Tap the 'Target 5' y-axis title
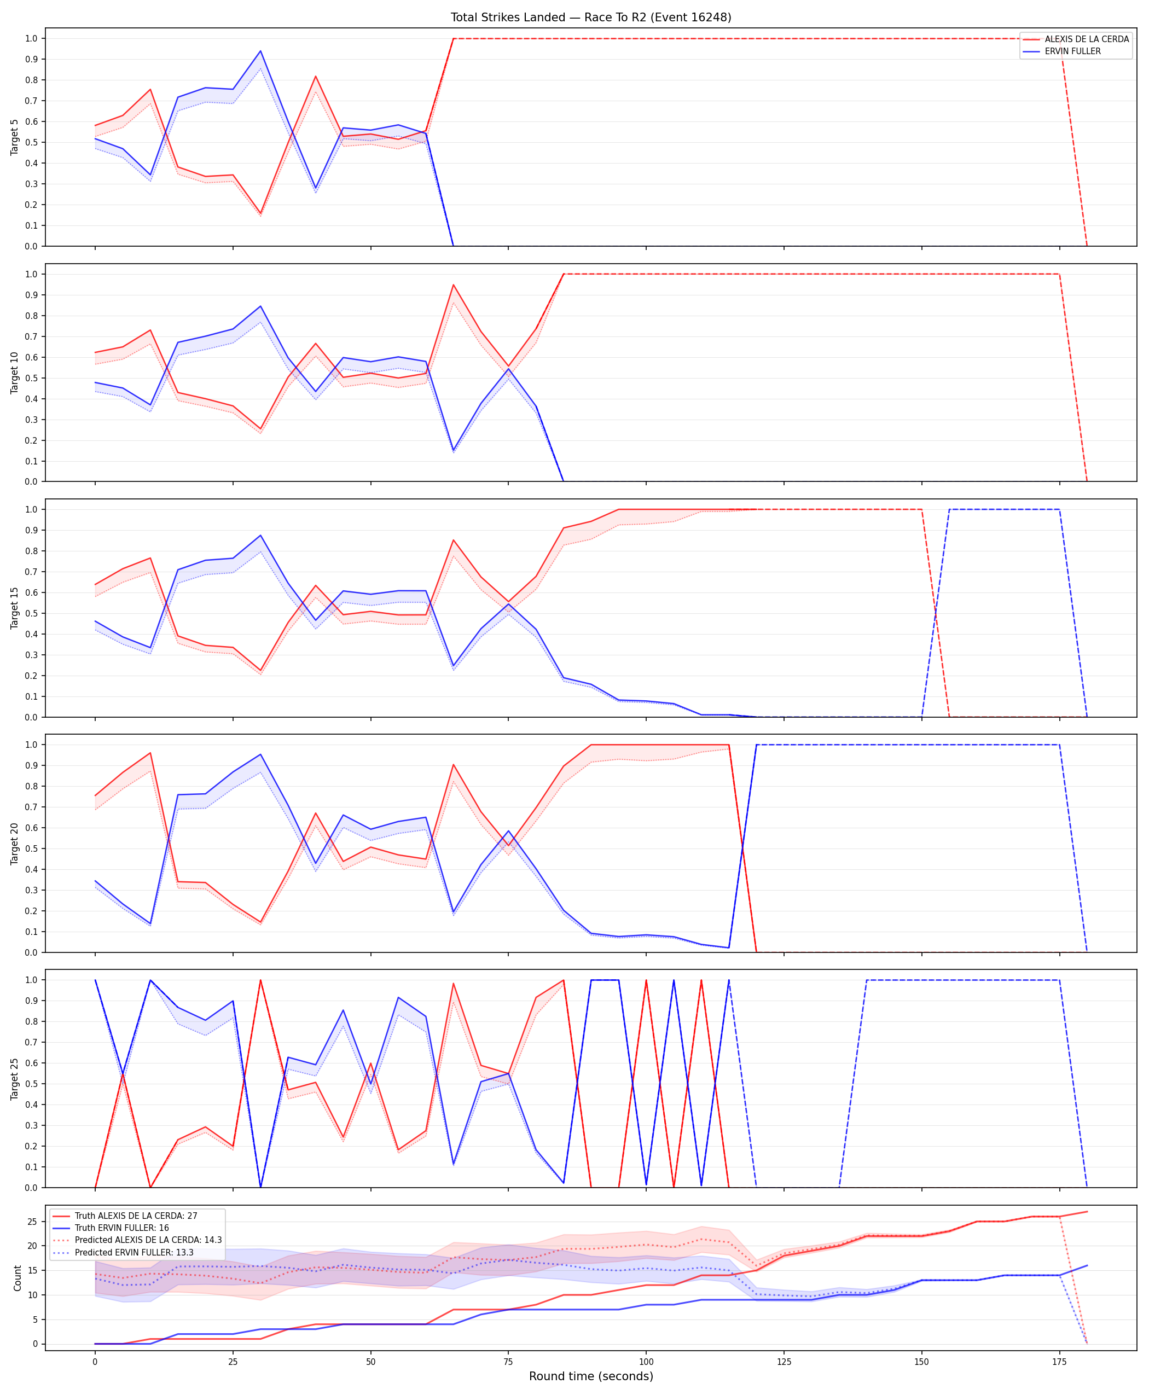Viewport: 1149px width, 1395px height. [15, 137]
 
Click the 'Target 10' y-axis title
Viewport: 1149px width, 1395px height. [15, 373]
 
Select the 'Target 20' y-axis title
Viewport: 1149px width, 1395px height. [15, 844]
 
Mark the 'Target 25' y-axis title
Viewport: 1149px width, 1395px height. [15, 1079]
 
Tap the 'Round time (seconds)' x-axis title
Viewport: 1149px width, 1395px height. [591, 1376]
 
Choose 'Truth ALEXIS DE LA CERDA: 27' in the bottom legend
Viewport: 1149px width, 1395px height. [136, 1216]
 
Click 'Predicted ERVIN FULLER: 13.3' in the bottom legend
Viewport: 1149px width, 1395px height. [134, 1252]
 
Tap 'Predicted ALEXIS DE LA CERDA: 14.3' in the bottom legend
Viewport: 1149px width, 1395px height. [148, 1240]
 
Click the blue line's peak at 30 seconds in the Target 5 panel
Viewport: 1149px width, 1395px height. [260, 51]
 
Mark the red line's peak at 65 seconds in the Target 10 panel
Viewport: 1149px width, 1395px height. [454, 284]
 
